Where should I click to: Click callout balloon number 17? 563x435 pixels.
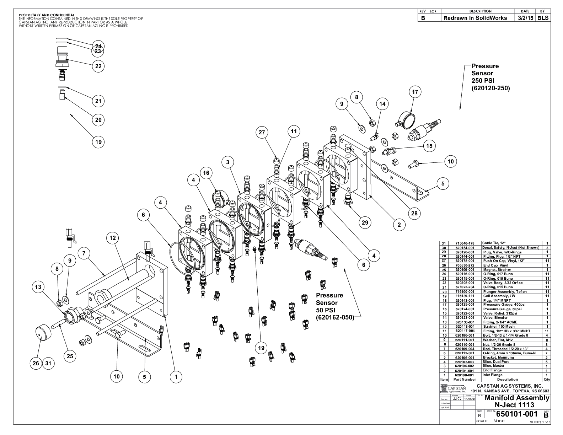click(x=415, y=92)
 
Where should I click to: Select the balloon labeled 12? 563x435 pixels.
click(x=113, y=238)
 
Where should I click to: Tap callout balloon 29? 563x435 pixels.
click(x=365, y=223)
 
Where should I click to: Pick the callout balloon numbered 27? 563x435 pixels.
click(x=262, y=133)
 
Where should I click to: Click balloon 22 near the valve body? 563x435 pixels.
click(x=98, y=66)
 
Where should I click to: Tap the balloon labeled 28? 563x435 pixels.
click(x=414, y=214)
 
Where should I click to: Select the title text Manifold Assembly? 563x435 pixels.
click(x=517, y=398)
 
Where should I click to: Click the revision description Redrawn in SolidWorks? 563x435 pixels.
click(x=475, y=18)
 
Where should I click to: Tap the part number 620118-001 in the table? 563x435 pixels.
click(x=464, y=326)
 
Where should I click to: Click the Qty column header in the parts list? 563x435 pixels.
click(x=547, y=380)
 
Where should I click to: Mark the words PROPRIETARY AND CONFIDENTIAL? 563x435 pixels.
click(x=47, y=15)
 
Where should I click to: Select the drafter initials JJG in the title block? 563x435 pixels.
click(x=458, y=399)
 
